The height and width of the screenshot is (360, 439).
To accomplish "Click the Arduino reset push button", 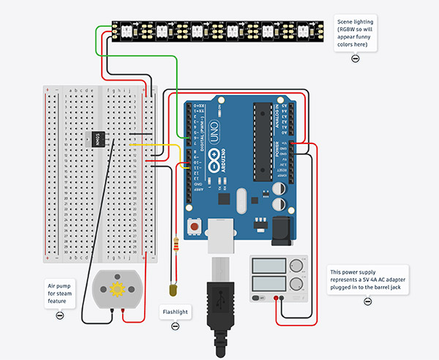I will point(195,228).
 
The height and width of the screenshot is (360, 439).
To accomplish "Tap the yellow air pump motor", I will point(116,290).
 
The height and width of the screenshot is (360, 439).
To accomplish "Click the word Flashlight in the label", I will point(175,312).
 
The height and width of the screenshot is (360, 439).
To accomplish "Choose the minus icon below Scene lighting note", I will point(355,58).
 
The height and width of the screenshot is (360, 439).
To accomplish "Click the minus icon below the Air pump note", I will point(59,315).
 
